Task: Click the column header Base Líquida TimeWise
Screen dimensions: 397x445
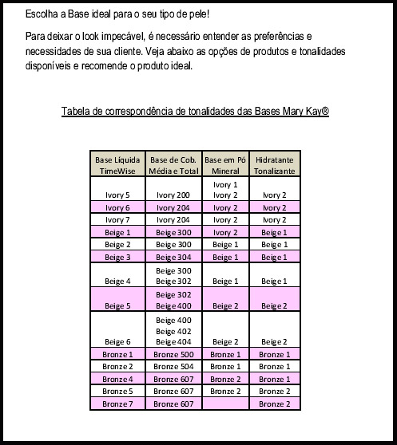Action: pos(117,166)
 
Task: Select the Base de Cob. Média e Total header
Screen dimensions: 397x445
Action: pos(173,166)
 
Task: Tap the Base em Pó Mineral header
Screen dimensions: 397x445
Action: pos(226,166)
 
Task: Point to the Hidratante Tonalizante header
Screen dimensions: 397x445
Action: pos(275,166)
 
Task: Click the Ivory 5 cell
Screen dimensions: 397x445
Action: pos(117,195)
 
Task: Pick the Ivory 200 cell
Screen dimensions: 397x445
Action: pos(173,195)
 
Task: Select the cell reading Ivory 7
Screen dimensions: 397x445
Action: pos(117,219)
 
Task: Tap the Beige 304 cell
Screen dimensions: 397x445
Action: pos(173,257)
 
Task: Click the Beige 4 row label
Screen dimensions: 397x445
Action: pos(117,282)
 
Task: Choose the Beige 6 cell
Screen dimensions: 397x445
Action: pos(117,341)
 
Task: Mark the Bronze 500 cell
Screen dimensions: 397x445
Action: pos(173,353)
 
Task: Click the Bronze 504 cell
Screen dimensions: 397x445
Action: pos(173,366)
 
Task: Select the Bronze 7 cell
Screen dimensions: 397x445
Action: pos(117,404)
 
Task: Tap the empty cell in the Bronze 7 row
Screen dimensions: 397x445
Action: pos(226,404)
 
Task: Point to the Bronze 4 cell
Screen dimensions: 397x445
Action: pos(117,379)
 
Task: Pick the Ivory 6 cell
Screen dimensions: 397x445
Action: pos(117,207)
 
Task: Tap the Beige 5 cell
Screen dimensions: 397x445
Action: pos(117,306)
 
